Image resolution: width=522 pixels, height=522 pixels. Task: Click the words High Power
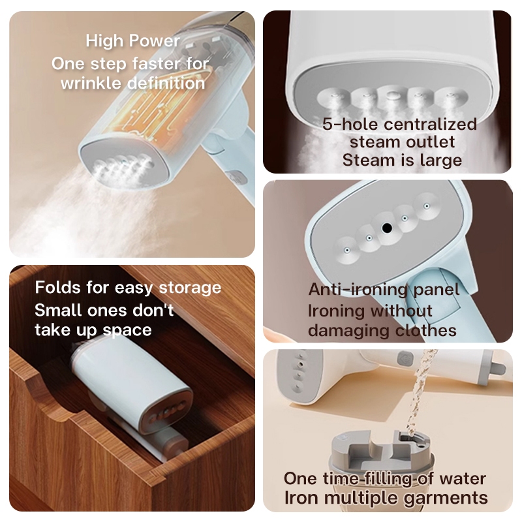tap(133, 41)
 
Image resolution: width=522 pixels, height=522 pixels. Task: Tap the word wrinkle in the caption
tap(91, 83)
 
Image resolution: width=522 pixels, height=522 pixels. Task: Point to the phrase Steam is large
tap(402, 160)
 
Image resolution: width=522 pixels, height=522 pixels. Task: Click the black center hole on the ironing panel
tap(387, 228)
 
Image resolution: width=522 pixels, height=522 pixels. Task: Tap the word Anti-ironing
tap(358, 289)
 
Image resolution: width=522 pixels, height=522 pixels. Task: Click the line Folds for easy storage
tap(128, 287)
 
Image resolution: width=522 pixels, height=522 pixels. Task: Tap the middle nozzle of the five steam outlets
tap(391, 96)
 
